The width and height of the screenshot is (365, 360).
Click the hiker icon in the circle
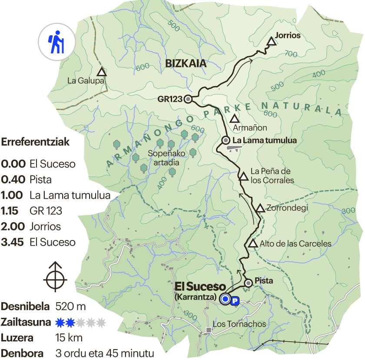55,42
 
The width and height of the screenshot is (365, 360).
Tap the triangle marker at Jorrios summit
272,42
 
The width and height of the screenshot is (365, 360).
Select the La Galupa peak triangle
102,72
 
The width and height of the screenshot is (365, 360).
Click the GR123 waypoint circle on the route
188,99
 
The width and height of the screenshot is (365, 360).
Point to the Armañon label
250,128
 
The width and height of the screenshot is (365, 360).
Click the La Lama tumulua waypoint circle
226,140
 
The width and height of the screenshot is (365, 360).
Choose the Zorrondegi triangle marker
260,208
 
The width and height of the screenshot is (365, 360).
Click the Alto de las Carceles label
295,243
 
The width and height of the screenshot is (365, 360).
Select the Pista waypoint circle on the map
248,283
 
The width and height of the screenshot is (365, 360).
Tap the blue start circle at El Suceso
225,299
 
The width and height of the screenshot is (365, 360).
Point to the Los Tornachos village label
239,324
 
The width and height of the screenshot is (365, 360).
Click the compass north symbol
55,277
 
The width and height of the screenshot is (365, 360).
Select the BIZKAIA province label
186,63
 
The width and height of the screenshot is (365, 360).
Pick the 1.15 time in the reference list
10,211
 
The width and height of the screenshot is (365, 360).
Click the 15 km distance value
69,337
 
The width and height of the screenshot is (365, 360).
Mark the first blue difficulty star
61,322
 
